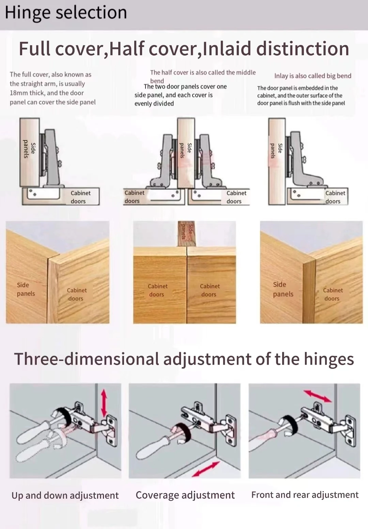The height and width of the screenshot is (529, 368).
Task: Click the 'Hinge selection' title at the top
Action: point(66,13)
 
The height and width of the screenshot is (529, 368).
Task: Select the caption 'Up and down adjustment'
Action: point(65,495)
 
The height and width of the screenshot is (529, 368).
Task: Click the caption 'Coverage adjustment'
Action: point(185,495)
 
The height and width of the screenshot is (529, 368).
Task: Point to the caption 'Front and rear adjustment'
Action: point(305,495)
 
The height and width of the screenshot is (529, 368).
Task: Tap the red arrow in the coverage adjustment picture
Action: point(205,469)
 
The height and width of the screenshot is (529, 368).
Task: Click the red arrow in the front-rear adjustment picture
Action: point(317,396)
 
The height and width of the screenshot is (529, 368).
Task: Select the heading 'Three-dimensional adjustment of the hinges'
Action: point(184,359)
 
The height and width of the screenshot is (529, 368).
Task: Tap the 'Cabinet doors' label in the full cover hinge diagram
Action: point(80,197)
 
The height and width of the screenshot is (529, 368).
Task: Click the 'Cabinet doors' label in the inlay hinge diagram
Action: point(335,197)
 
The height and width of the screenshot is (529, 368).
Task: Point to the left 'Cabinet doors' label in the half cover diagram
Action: point(134,197)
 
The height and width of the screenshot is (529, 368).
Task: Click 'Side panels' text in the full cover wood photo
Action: point(26,289)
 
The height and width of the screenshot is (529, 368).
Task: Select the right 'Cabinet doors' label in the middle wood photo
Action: point(210,290)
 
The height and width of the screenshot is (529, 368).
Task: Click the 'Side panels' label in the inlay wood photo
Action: point(283,289)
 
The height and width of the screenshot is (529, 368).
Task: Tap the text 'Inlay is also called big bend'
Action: point(312,76)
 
